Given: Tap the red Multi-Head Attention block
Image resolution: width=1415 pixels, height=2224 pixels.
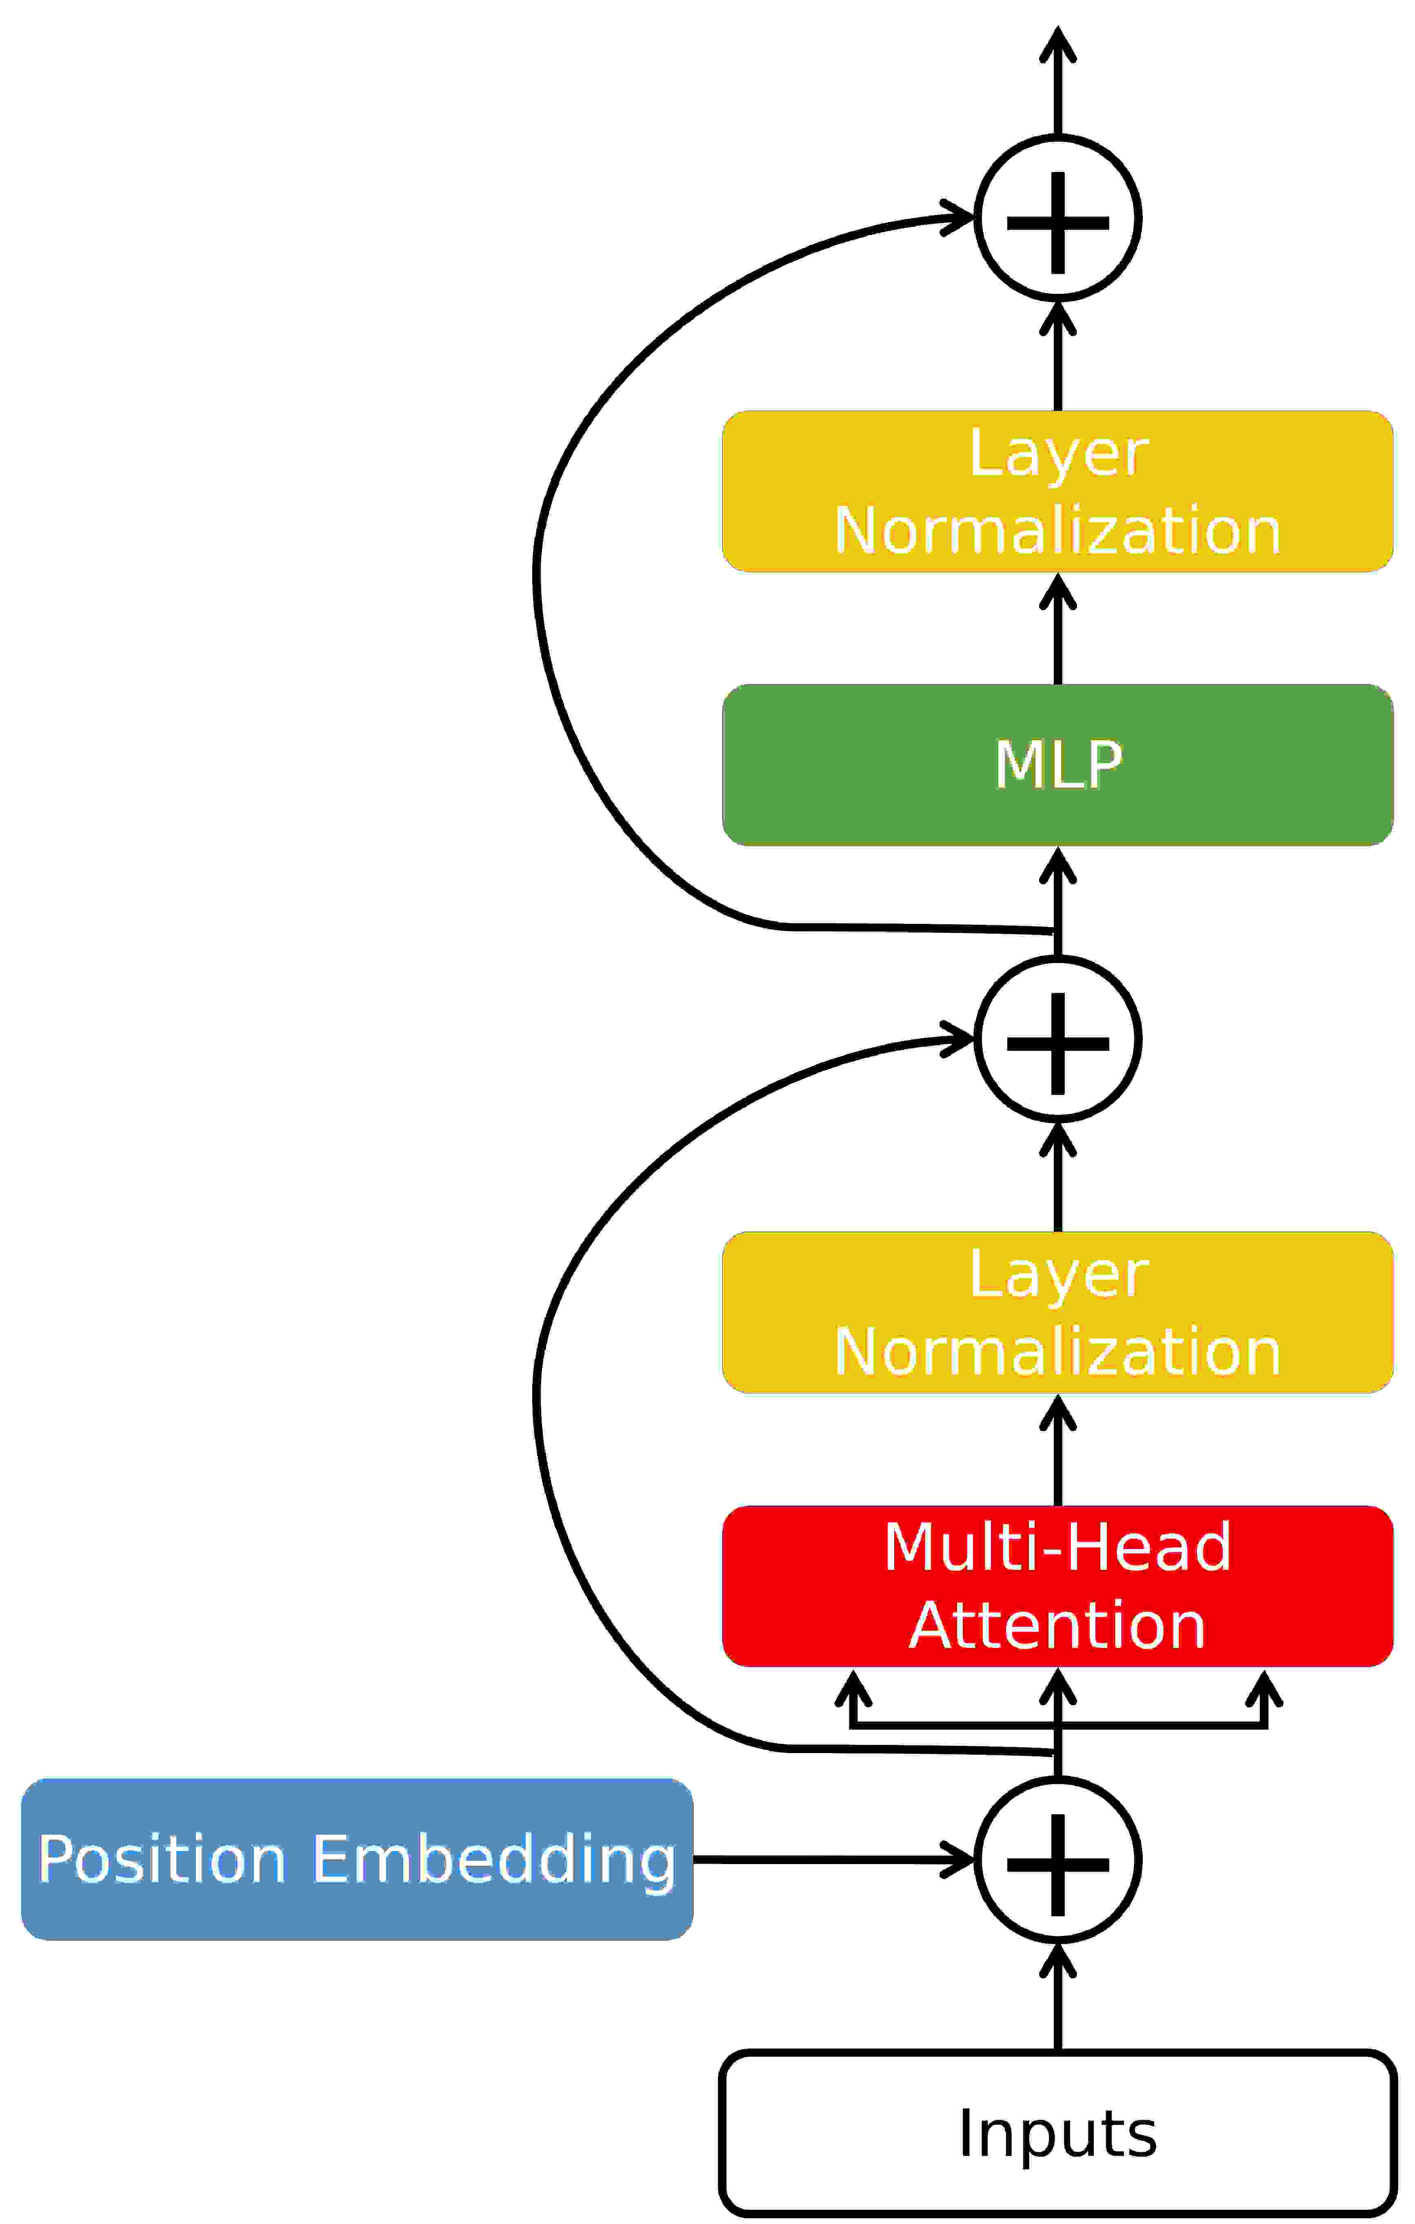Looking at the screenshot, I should click(x=1057, y=1586).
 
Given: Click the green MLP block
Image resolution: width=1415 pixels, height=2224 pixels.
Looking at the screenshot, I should click(x=1057, y=765).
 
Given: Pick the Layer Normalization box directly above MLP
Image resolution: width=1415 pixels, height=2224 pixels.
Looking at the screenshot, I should click(x=1057, y=491).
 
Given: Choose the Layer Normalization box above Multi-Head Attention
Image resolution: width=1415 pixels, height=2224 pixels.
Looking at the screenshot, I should click(x=1057, y=1312).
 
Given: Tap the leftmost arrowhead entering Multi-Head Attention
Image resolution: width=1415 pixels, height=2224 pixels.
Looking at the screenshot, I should click(x=853, y=1688).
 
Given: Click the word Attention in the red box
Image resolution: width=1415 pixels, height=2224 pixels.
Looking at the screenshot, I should click(x=1057, y=1625).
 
